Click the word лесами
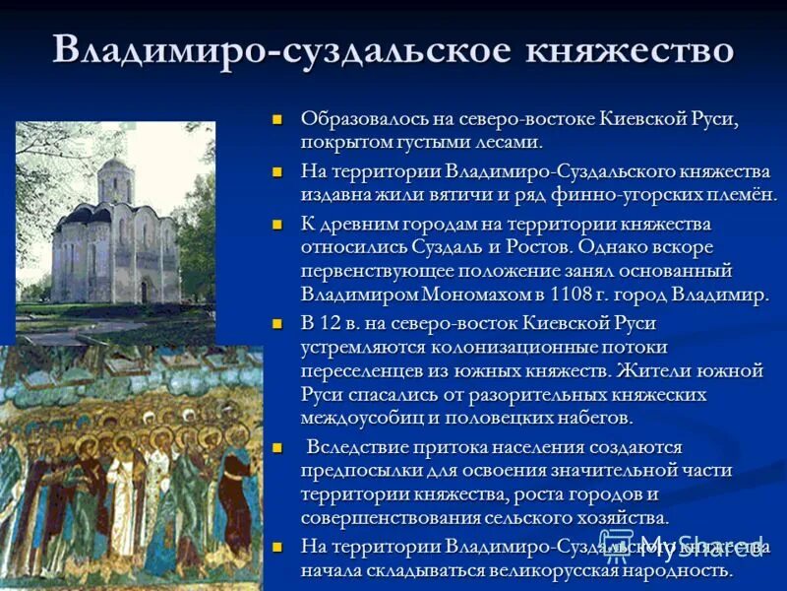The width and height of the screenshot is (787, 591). (506, 142)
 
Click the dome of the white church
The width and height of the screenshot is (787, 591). (115, 166)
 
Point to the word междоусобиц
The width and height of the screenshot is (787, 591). (363, 418)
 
